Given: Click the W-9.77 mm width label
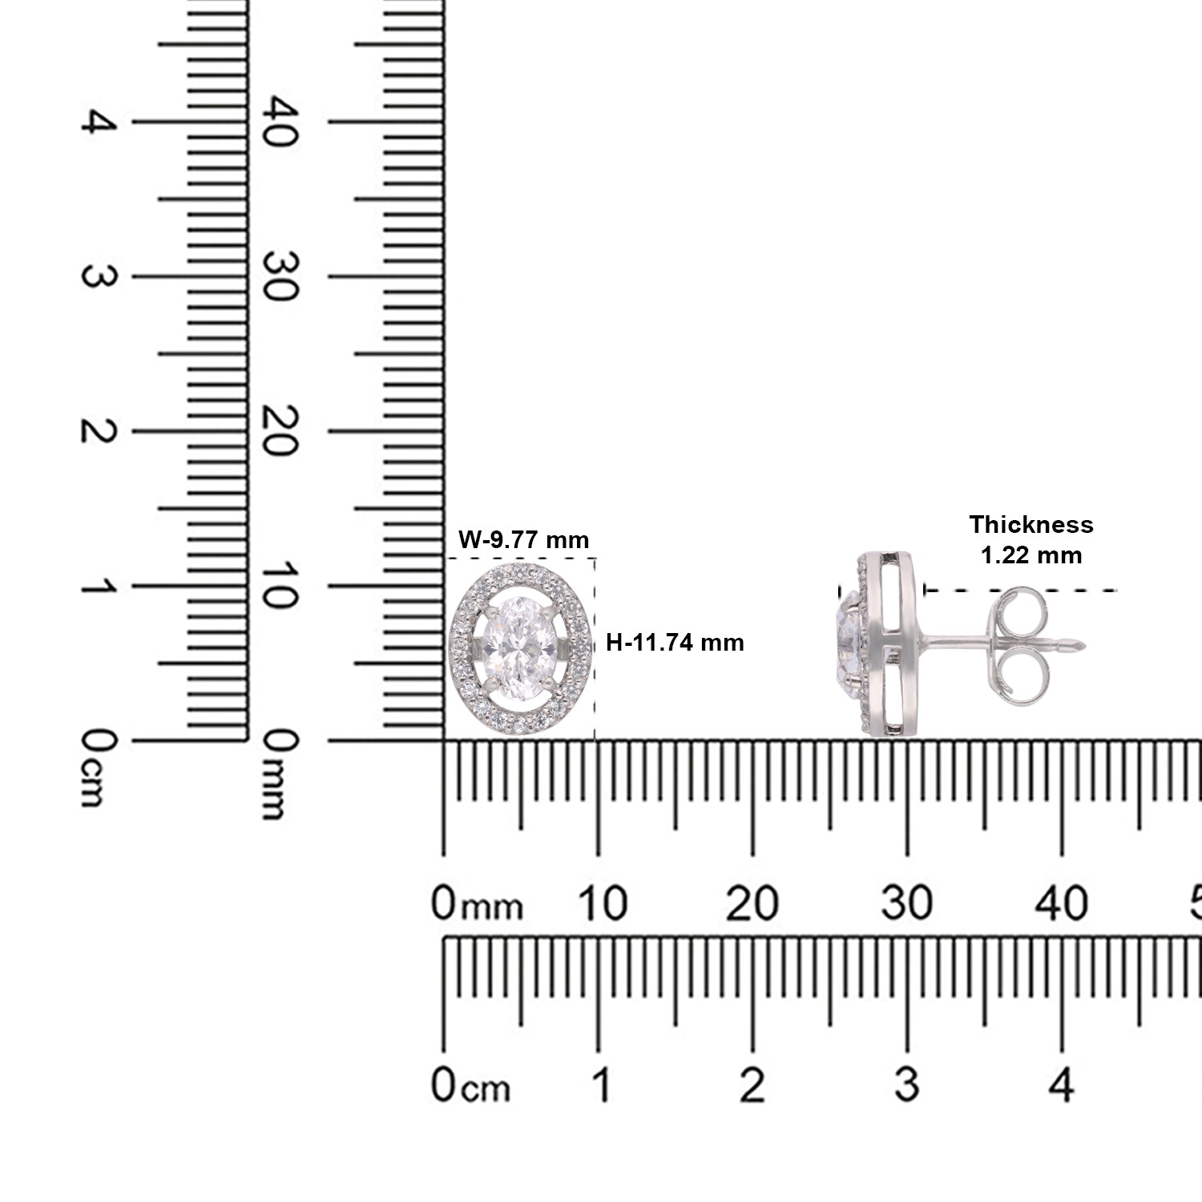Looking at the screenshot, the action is [x=523, y=539].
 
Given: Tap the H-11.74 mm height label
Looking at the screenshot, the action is [x=675, y=642].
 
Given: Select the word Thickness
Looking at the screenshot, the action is [x=1031, y=525].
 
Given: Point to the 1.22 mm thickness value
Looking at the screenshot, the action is [x=1031, y=555].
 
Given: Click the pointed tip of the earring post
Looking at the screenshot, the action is [x=1084, y=643].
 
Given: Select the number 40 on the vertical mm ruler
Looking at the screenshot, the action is [x=282, y=122].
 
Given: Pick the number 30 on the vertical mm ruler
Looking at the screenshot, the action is [x=282, y=276].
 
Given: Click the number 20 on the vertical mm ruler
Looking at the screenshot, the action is [x=282, y=431].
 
